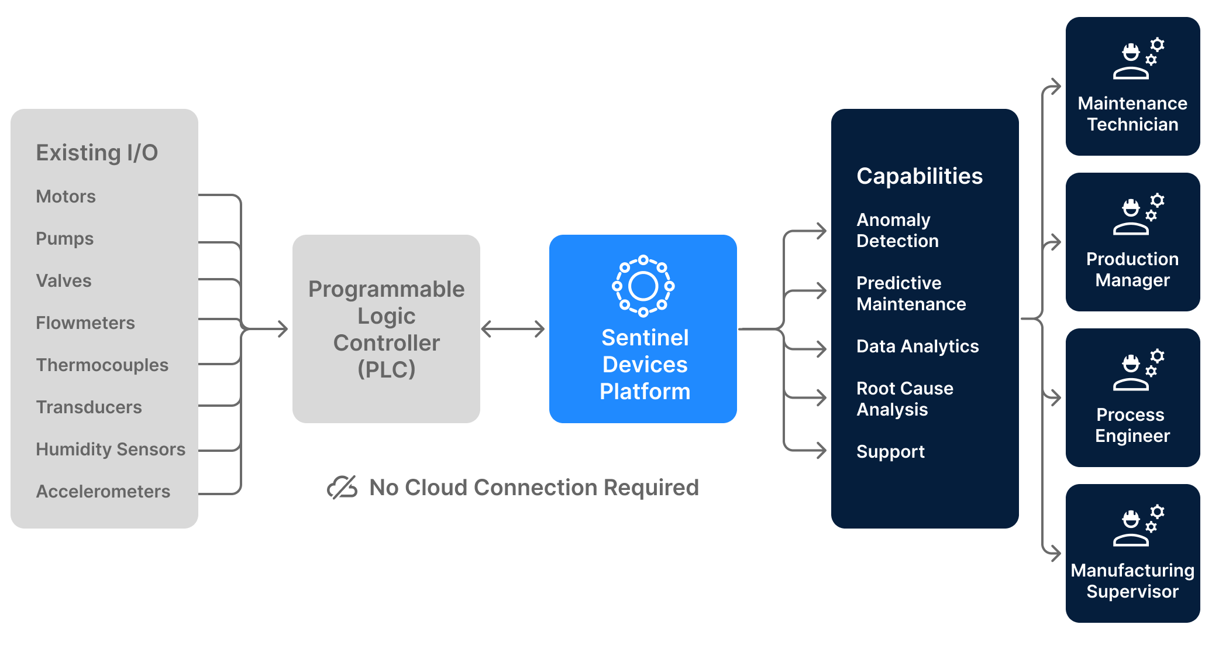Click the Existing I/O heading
click(x=97, y=153)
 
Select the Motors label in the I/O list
click(x=66, y=197)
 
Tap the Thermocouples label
click(x=102, y=365)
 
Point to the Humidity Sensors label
click(x=111, y=450)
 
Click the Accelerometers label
click(x=103, y=492)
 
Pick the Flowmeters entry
click(x=85, y=323)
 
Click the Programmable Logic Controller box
click(x=386, y=329)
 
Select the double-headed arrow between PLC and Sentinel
click(x=513, y=329)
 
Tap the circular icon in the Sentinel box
click(x=643, y=286)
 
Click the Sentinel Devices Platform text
click(x=645, y=365)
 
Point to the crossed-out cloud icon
click(x=342, y=487)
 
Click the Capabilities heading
click(x=920, y=176)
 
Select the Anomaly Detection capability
click(x=897, y=231)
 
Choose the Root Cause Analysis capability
click(x=904, y=399)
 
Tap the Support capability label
click(x=890, y=452)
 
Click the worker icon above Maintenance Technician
click(x=1138, y=59)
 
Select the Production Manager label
click(x=1132, y=270)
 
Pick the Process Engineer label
click(x=1132, y=426)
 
